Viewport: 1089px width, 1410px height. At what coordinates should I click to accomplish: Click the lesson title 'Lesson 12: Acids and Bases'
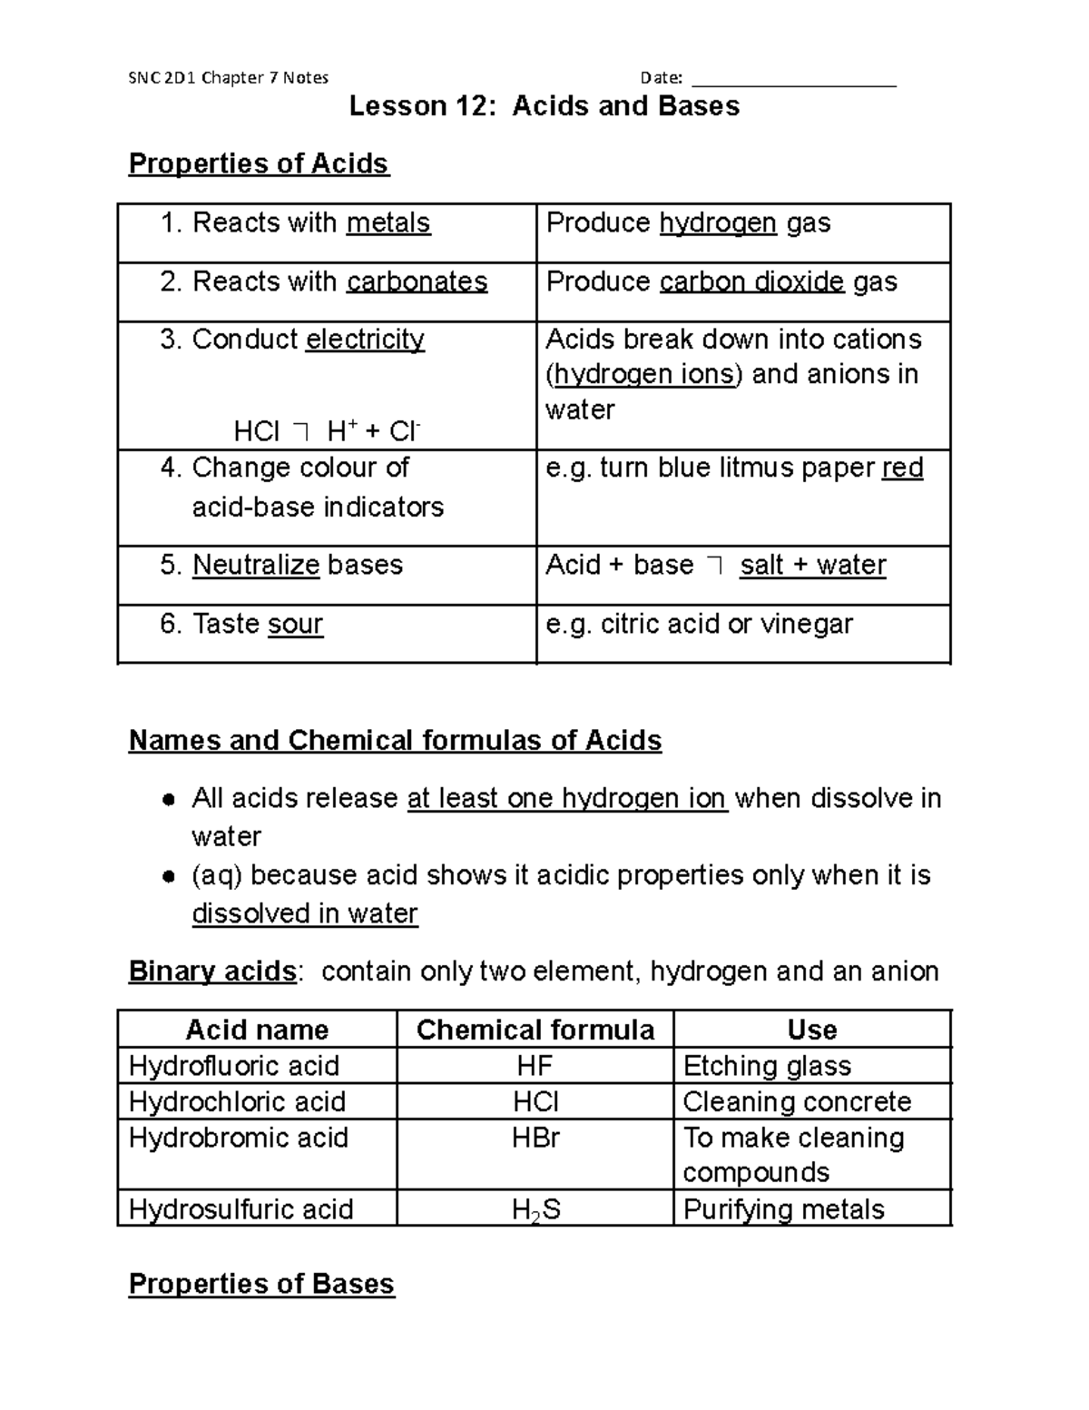point(544,106)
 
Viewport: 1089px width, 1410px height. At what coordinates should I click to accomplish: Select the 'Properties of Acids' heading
point(259,163)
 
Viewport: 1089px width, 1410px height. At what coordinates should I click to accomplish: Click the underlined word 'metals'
point(388,223)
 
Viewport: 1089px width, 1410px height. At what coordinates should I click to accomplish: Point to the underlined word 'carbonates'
point(417,282)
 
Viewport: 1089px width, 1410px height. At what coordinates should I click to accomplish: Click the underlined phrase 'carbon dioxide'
point(751,282)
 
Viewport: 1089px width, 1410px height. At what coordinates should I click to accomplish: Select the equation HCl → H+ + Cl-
point(327,430)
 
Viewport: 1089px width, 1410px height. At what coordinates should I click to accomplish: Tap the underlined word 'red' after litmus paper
point(902,468)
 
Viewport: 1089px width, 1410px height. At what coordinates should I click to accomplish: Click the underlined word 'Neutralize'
point(256,566)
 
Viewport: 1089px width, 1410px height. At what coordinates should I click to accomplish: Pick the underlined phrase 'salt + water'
point(812,566)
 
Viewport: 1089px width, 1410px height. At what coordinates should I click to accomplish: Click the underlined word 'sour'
point(296,625)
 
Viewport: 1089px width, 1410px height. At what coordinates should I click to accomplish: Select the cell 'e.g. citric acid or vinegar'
point(699,625)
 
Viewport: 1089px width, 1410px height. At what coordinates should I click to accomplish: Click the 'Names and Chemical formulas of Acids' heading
point(395,741)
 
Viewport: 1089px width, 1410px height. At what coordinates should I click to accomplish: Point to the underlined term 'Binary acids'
point(212,971)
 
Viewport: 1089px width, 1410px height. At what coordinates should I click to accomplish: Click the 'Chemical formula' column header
point(535,1030)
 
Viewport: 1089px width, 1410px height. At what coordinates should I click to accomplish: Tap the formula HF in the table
point(535,1066)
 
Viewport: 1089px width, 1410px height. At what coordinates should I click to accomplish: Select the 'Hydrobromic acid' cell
point(239,1139)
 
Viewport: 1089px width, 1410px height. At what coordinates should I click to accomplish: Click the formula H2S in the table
point(535,1210)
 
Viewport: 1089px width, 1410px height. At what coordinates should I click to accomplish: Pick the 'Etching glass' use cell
point(767,1066)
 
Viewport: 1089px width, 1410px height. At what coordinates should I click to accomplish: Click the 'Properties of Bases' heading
point(261,1284)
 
